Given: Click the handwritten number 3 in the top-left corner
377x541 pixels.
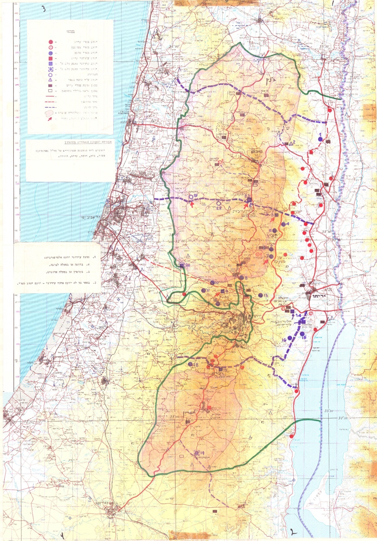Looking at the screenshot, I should [44, 9].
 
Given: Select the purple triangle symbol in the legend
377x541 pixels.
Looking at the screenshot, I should [50, 80].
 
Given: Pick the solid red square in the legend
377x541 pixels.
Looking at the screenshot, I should [50, 58].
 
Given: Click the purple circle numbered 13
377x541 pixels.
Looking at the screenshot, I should [260, 295].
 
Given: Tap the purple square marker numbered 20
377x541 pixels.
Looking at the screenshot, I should [182, 265].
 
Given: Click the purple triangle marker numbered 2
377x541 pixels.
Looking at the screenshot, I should [291, 143].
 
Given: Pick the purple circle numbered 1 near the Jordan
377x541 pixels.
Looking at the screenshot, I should [320, 139].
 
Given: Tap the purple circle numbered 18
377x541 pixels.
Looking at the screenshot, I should [190, 364].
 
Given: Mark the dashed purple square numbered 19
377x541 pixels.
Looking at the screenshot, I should [197, 453].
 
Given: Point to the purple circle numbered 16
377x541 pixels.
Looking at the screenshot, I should [290, 338].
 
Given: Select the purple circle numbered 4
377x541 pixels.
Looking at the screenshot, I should [283, 224].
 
